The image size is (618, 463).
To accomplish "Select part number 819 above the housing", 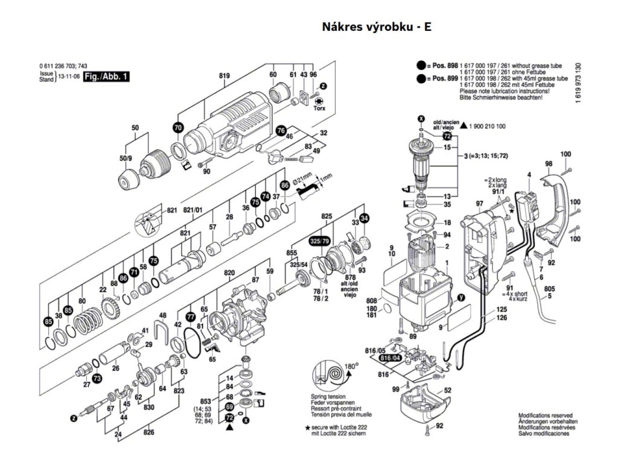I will pyautogui.click(x=225, y=75).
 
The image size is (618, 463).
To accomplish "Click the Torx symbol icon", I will pyautogui.click(x=319, y=102).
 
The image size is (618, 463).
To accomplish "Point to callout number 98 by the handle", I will pyautogui.click(x=549, y=164).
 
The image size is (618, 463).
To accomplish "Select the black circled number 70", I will pyautogui.click(x=177, y=128).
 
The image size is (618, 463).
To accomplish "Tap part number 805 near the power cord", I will pyautogui.click(x=549, y=289).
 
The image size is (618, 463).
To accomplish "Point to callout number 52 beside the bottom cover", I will pyautogui.click(x=447, y=391).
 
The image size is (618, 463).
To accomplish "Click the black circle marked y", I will pyautogui.click(x=461, y=297).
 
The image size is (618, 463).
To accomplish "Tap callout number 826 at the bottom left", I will pyautogui.click(x=148, y=432).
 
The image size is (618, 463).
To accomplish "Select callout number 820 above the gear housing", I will pyautogui.click(x=229, y=273).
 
